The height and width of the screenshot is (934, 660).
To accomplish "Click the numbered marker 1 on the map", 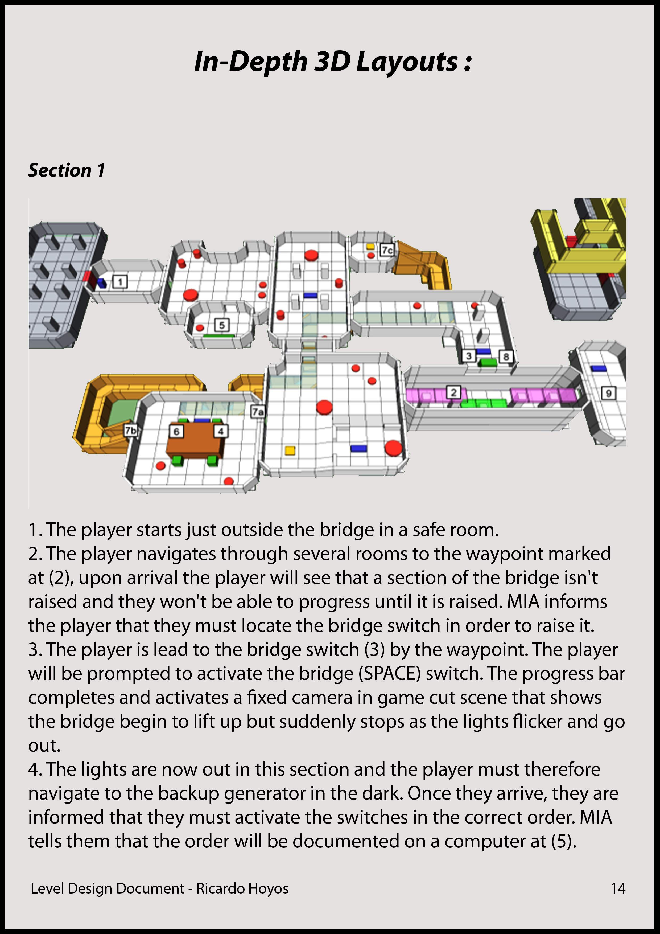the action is click(x=120, y=281).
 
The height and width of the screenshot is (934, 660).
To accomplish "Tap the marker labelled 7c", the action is click(x=387, y=250).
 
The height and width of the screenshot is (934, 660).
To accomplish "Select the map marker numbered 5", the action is click(x=222, y=325).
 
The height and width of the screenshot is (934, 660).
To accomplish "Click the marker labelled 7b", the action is click(x=130, y=430).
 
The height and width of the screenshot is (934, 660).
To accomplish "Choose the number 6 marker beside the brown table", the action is click(x=176, y=431).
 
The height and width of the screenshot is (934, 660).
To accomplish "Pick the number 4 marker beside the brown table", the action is click(x=221, y=431).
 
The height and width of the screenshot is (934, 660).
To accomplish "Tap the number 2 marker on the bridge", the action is click(x=453, y=392).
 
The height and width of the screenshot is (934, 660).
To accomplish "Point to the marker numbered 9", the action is click(x=608, y=393).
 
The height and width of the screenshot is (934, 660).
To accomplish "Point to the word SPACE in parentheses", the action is click(x=390, y=674).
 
